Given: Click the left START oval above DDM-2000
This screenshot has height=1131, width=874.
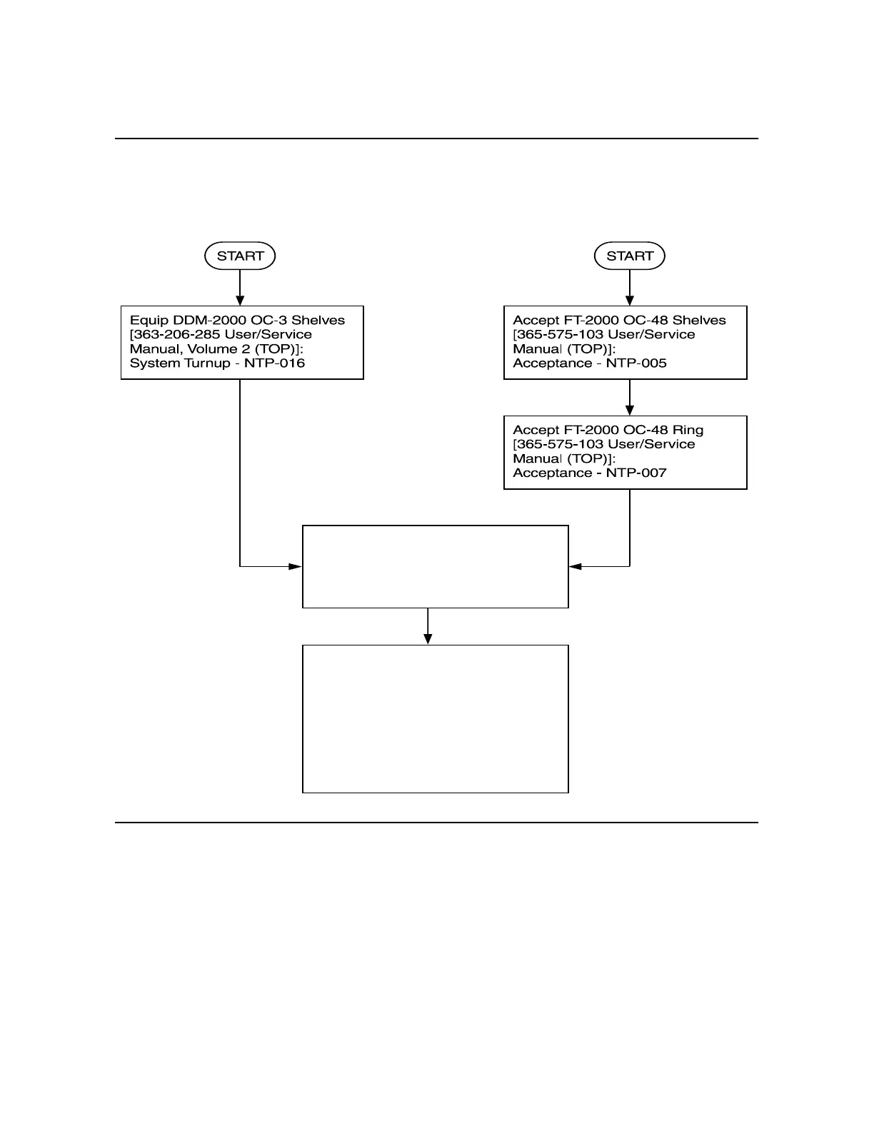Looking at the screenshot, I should pyautogui.click(x=240, y=256).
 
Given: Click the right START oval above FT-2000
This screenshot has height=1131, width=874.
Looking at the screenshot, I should pyautogui.click(x=629, y=256).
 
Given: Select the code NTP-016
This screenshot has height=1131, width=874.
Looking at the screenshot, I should pyautogui.click(x=274, y=363).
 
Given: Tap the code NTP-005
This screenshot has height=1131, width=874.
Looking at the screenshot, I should pyautogui.click(x=636, y=363).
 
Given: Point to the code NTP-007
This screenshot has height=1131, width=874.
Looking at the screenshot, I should pyautogui.click(x=636, y=473).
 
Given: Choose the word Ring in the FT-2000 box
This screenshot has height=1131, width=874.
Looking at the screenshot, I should pyautogui.click(x=688, y=430).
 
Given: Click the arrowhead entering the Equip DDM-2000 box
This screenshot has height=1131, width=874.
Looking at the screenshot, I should pyautogui.click(x=240, y=301).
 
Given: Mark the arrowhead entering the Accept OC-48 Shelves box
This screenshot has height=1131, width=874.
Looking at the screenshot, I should pyautogui.click(x=629, y=301).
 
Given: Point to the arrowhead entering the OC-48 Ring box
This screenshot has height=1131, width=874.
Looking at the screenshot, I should pyautogui.click(x=629, y=410).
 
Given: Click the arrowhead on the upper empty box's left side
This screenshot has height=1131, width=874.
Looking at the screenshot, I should pyautogui.click(x=296, y=567).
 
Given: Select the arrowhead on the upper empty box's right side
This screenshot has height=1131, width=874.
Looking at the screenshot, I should pyautogui.click(x=576, y=567).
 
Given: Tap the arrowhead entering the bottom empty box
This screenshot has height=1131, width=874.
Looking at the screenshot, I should pyautogui.click(x=428, y=639).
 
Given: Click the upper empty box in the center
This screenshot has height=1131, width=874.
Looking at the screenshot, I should pyautogui.click(x=436, y=567).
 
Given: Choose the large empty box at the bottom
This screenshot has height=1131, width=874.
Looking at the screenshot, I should pyautogui.click(x=436, y=719).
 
